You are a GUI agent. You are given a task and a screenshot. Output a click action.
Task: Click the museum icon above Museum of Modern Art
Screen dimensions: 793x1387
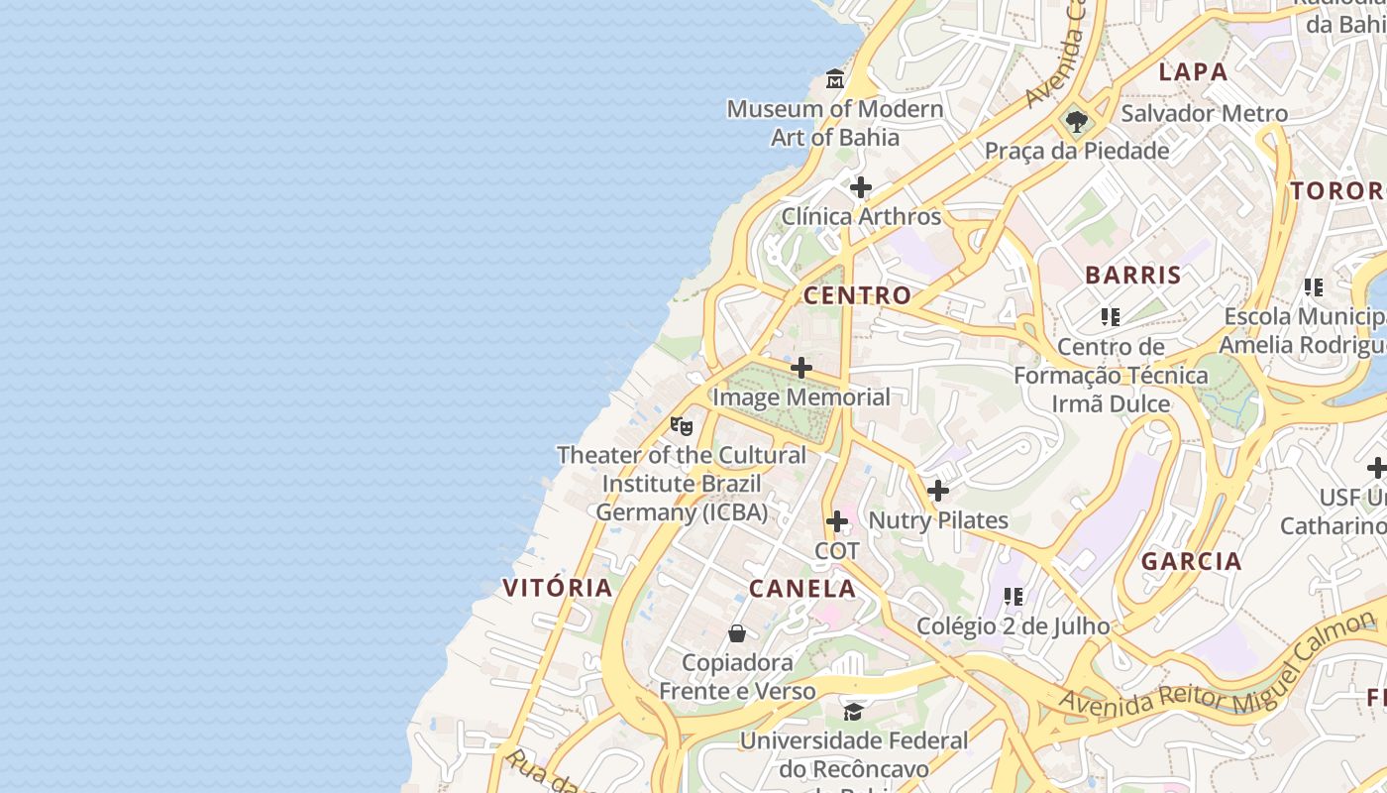(835, 78)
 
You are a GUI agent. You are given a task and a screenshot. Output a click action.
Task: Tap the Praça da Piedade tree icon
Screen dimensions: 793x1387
(1077, 122)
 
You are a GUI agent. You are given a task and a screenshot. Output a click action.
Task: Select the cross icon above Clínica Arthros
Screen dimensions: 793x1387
(861, 186)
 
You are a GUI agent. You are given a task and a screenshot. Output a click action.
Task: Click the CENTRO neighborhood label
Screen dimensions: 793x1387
(857, 295)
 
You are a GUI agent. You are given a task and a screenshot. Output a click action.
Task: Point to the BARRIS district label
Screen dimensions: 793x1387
(1133, 276)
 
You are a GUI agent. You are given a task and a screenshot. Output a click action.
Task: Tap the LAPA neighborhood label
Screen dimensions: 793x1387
(1193, 71)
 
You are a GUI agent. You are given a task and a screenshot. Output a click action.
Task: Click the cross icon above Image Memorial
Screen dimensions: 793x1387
(801, 368)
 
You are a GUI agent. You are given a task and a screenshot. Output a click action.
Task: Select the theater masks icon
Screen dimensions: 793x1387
(681, 426)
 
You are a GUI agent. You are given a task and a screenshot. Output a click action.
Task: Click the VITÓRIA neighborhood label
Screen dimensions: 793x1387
(558, 587)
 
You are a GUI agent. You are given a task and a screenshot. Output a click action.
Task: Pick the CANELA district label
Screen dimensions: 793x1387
(802, 589)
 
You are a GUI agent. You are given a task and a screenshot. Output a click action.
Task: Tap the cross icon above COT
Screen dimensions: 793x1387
(837, 520)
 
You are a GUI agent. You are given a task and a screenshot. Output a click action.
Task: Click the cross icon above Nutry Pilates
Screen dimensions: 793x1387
(937, 490)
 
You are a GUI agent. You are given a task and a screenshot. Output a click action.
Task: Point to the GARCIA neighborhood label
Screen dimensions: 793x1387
(1191, 562)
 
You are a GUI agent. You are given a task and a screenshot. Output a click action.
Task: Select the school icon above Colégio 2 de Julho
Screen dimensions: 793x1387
(1013, 596)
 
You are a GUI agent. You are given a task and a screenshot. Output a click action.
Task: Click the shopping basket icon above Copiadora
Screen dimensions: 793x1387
(737, 633)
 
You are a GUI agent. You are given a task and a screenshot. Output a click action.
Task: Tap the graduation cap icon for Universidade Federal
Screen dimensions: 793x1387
(853, 711)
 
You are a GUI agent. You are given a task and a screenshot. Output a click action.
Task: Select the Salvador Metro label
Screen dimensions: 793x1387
(1204, 113)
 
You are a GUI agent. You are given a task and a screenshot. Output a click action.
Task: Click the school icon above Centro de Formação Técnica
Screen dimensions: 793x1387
(1110, 317)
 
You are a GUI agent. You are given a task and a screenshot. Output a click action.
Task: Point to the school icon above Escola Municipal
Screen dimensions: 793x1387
(1313, 287)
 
